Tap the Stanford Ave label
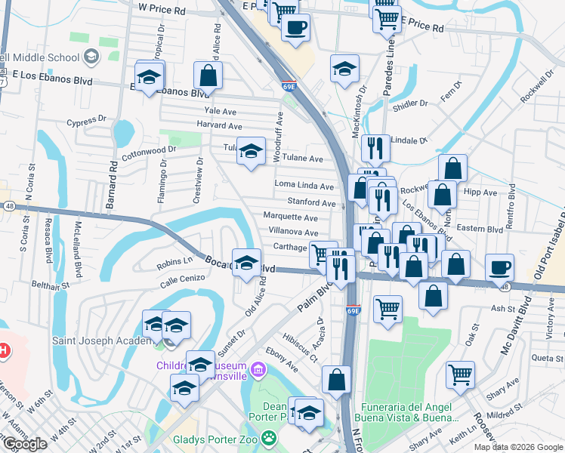(311, 202)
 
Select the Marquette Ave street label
(290, 217)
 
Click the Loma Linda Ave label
(304, 186)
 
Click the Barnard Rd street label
(113, 183)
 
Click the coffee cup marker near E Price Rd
(295, 27)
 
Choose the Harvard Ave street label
(219, 126)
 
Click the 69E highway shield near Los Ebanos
(289, 87)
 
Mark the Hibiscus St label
(298, 347)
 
